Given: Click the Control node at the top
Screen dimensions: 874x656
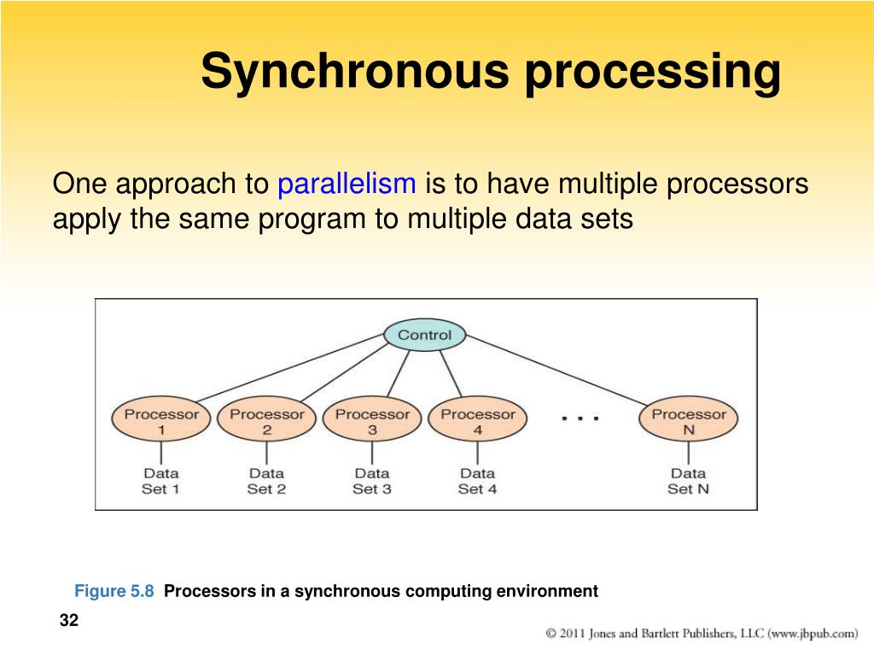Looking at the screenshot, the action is pos(425,335).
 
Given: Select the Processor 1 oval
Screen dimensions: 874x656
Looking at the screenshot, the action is pos(161,419).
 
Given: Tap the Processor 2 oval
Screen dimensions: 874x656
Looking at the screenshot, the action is pos(266,419).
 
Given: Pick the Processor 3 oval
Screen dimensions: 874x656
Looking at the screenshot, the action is pos(372,419).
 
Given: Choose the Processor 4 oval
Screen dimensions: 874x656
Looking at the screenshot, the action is pos(478,419).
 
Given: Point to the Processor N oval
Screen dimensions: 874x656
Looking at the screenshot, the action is pos(689,419).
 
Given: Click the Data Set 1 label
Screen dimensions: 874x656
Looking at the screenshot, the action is pos(160,481).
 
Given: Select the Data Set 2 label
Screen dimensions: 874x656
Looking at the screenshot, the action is pos(266,481).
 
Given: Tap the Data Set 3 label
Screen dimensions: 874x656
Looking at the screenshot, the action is pos(372,481).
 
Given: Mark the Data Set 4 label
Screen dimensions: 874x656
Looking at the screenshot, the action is pos(478,481).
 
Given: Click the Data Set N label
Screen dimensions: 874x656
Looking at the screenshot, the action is pos(689,481).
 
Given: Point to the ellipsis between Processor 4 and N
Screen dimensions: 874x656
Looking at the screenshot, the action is pos(580,418).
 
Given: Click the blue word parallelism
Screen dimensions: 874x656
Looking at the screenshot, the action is pos(347,184).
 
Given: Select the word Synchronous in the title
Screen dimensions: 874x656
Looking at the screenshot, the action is pos(355,71).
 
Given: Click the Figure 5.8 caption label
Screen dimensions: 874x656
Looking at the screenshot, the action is pos(114,591).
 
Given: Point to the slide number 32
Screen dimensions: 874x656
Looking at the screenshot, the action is pos(69,620).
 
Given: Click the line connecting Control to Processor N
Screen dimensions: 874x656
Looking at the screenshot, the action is pos(556,371).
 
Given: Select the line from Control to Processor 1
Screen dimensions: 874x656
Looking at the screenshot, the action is pos(290,367).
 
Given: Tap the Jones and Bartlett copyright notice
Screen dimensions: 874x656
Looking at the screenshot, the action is pos(702,634).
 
